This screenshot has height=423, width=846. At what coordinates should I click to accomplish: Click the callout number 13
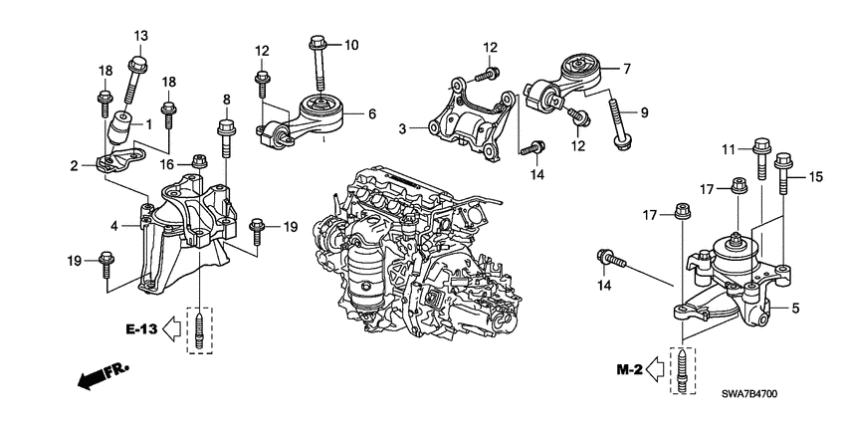click(x=140, y=36)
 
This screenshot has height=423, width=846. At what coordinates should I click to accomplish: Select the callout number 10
click(x=349, y=45)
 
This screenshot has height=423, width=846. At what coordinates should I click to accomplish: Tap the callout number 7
click(x=626, y=70)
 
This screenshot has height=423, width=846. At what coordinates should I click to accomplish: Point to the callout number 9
click(x=643, y=113)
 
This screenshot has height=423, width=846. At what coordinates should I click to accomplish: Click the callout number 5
click(x=795, y=308)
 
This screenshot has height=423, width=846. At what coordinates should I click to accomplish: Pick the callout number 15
click(x=817, y=177)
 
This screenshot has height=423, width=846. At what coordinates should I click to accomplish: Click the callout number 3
click(x=402, y=128)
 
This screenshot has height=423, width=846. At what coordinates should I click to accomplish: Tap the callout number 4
click(x=114, y=226)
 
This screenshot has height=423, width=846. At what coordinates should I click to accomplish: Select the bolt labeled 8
click(x=225, y=139)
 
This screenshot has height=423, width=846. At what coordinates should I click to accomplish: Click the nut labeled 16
click(x=199, y=161)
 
